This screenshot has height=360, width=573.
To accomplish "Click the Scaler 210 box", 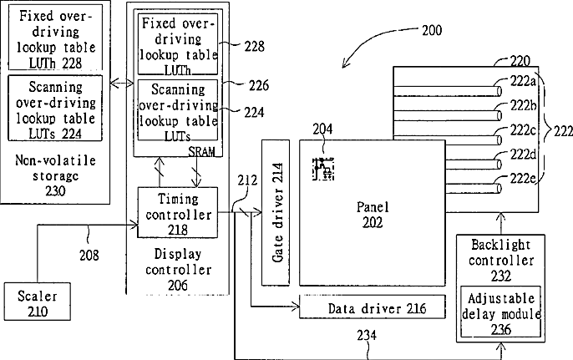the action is pyautogui.click(x=38, y=302).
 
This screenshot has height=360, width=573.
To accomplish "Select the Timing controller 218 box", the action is pyautogui.click(x=178, y=212).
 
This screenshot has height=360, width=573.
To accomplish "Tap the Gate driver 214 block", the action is pyautogui.click(x=276, y=212).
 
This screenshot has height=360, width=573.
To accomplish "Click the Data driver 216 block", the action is pyautogui.click(x=373, y=307).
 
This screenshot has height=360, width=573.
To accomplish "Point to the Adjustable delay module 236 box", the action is pyautogui.click(x=500, y=312).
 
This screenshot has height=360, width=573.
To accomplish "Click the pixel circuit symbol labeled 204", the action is pyautogui.click(x=323, y=169).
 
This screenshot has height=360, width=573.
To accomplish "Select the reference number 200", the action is pyautogui.click(x=432, y=30).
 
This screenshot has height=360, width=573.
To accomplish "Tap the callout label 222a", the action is pyautogui.click(x=523, y=81).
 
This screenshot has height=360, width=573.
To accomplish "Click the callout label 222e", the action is pyautogui.click(x=523, y=179).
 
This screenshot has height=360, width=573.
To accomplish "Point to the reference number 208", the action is pyautogui.click(x=89, y=255).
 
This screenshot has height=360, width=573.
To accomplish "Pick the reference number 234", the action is pyautogui.click(x=367, y=335).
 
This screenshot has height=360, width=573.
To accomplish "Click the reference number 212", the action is pyautogui.click(x=247, y=180).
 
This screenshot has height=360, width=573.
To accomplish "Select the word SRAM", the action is pyautogui.click(x=201, y=151).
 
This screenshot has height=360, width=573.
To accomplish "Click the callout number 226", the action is pyautogui.click(x=259, y=85).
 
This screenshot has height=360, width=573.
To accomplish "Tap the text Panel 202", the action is pyautogui.click(x=373, y=215).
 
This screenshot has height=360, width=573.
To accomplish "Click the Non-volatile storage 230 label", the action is pyautogui.click(x=55, y=175).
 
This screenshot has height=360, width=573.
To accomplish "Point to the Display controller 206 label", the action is pyautogui.click(x=178, y=269).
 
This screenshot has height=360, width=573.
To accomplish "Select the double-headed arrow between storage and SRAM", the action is pyautogui.click(x=122, y=84).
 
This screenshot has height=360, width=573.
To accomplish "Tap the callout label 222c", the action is pyautogui.click(x=523, y=130).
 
